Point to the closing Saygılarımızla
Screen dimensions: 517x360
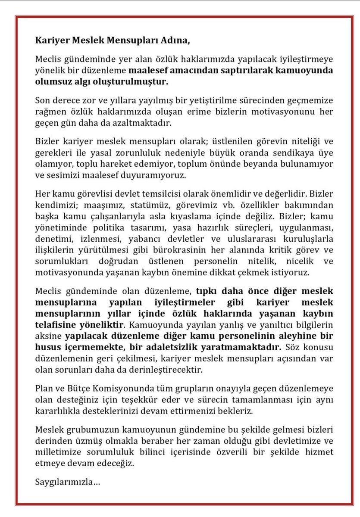tap(67, 481)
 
